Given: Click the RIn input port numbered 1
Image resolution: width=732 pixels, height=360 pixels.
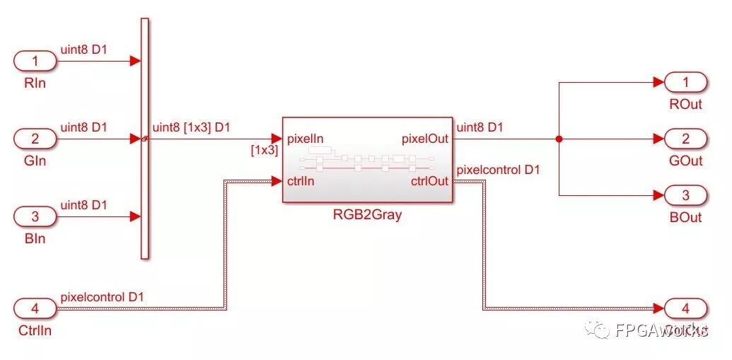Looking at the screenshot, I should [x=35, y=62].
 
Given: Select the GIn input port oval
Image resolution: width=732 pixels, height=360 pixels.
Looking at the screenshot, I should [x=35, y=139].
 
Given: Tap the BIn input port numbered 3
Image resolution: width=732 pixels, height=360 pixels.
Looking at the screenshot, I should [x=35, y=216].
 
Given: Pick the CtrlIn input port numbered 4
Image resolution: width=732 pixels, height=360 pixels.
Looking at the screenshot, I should [x=35, y=308].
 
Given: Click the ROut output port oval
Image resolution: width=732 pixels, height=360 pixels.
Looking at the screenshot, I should [x=685, y=83].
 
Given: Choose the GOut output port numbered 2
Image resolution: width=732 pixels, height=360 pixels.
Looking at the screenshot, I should [x=685, y=139].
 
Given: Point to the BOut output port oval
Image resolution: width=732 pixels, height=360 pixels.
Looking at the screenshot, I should [x=685, y=195].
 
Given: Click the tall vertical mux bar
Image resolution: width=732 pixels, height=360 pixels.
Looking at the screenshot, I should [x=145, y=139].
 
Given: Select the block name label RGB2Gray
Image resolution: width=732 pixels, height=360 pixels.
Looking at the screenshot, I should [x=367, y=215].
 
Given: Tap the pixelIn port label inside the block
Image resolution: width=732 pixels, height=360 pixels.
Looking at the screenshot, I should [x=306, y=139].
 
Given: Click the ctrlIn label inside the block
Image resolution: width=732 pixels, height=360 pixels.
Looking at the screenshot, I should [x=301, y=181].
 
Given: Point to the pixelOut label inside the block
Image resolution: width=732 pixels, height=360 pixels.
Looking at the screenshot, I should [x=425, y=139].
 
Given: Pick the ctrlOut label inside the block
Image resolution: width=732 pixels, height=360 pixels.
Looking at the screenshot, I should [x=429, y=181].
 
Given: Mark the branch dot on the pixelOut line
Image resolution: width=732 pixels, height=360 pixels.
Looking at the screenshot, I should [x=559, y=139].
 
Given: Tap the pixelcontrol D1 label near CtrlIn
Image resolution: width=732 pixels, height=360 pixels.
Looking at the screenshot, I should [x=103, y=297].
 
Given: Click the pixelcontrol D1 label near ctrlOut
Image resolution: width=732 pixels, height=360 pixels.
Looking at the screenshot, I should [x=499, y=170].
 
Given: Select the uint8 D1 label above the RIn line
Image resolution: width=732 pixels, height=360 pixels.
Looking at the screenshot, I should [x=83, y=50].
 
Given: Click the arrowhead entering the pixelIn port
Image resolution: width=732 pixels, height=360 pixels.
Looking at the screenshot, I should [x=277, y=139].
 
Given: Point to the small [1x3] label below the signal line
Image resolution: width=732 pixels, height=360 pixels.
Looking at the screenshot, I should [x=264, y=150].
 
